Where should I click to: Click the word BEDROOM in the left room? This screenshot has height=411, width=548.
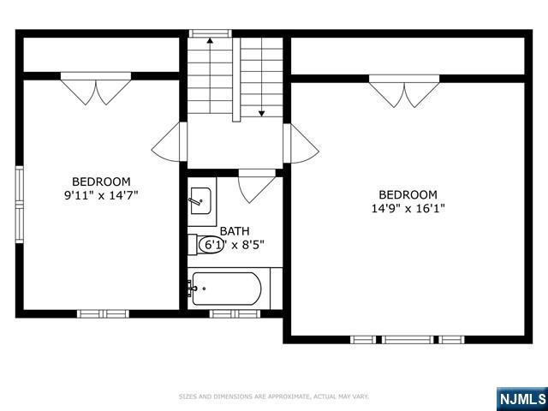[101, 182]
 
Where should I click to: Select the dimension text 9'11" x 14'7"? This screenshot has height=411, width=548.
[101, 195]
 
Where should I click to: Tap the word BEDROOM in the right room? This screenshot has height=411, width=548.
[408, 194]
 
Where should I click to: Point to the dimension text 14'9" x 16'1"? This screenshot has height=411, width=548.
[408, 208]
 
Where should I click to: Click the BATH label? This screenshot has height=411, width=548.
[235, 231]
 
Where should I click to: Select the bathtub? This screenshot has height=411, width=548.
[228, 289]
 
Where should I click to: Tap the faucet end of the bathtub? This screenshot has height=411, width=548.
[194, 289]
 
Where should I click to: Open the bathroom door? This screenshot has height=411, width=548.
[256, 184]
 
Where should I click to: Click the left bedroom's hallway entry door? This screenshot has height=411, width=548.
[170, 143]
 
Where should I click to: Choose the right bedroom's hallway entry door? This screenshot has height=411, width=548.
[301, 143]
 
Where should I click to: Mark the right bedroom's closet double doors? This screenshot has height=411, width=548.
[404, 91]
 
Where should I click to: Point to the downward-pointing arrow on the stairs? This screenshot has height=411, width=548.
[261, 86]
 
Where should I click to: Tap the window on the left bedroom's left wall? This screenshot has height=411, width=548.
[19, 205]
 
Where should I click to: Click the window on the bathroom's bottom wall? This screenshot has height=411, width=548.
[235, 313]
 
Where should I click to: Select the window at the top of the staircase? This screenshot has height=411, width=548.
[210, 33]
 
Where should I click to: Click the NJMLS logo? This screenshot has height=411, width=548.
[521, 398]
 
